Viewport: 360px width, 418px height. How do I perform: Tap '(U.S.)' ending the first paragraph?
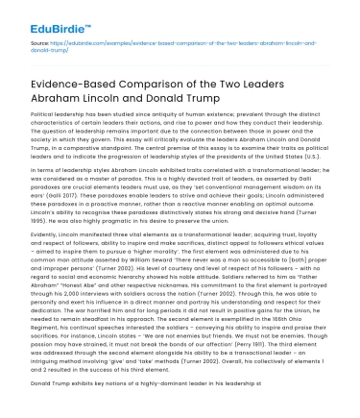(308, 155)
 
